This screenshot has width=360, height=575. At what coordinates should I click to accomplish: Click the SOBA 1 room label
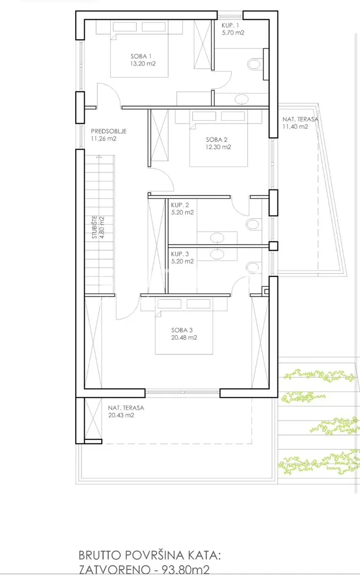pyautogui.click(x=141, y=56)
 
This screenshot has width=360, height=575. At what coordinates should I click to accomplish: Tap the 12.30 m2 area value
pyautogui.click(x=218, y=147)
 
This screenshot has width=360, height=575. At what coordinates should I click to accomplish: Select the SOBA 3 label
pyautogui.click(x=182, y=330)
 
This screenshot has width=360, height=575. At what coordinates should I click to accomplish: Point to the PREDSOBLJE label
pyautogui.click(x=109, y=131)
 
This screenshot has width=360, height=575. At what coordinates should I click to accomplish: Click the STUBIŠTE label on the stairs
pyautogui.click(x=95, y=227)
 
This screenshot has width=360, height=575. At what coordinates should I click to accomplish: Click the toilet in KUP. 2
pyautogui.click(x=252, y=224)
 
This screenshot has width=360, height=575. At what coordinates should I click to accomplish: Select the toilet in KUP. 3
pyautogui.click(x=252, y=267)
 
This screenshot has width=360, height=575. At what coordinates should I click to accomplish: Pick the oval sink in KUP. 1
pyautogui.click(x=241, y=99)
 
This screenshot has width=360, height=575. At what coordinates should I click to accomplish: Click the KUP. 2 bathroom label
pyautogui.click(x=180, y=205)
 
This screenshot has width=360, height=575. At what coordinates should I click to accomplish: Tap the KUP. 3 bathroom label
pyautogui.click(x=180, y=254)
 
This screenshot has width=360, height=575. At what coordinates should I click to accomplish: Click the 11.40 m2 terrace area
pyautogui.click(x=295, y=127)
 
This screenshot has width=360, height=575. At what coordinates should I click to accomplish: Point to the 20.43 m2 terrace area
pyautogui.click(x=121, y=415)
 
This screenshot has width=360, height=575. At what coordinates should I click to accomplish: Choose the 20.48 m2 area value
pyautogui.click(x=184, y=338)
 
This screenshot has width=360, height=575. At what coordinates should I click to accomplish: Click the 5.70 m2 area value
pyautogui.click(x=233, y=32)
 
